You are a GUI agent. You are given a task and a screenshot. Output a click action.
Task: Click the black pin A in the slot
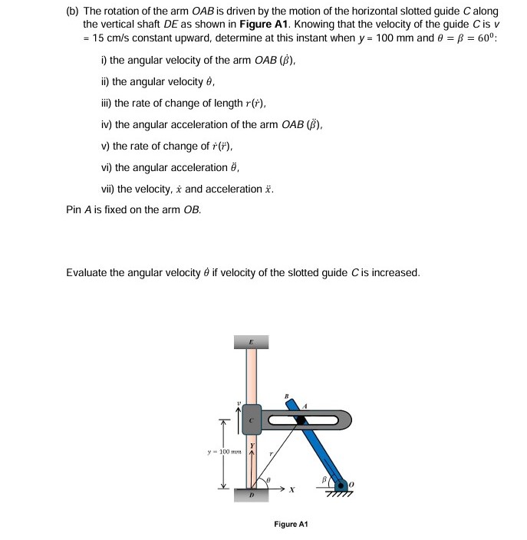coord(301,420)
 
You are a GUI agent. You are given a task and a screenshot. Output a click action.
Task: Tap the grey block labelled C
coord(251,420)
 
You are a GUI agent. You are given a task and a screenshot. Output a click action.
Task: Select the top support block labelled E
coord(251,341)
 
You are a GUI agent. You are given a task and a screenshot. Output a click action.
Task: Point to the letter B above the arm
coord(287,397)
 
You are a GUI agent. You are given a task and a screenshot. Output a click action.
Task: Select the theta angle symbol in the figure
coord(268,478)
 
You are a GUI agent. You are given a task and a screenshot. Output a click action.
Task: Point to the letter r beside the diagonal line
coord(270,455)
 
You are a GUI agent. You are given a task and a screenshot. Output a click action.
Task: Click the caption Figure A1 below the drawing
coord(290,524)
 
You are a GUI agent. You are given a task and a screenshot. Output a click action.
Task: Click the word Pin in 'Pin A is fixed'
coord(74,209)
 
